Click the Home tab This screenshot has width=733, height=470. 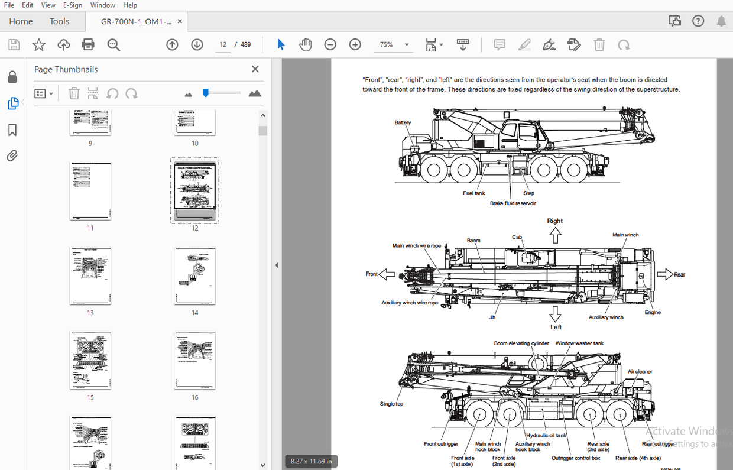[21, 21]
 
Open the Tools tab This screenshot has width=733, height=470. [59, 21]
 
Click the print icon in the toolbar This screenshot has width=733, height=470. [88, 44]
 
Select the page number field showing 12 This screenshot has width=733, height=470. [223, 44]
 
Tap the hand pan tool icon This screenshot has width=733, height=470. [305, 44]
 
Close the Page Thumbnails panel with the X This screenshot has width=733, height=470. [255, 69]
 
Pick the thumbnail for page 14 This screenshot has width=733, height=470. [195, 275]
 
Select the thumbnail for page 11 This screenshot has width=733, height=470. [90, 191]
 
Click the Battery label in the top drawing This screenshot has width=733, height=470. [403, 122]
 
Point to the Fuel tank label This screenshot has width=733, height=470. [473, 193]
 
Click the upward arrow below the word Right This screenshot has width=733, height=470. [554, 235]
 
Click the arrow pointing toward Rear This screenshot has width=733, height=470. [665, 274]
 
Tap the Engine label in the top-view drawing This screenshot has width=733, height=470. [653, 312]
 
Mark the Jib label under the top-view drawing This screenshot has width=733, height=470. [492, 317]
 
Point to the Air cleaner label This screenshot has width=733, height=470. [640, 372]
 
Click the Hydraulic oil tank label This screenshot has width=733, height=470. [546, 436]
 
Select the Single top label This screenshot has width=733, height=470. [391, 404]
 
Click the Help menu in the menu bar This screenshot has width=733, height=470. [130, 5]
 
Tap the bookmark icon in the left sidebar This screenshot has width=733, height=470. [12, 130]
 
